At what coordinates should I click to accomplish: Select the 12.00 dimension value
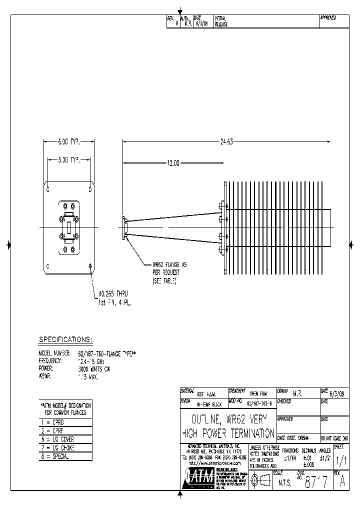point(172,163)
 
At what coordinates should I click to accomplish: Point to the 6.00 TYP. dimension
point(69,142)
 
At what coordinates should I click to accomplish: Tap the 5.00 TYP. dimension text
point(69,160)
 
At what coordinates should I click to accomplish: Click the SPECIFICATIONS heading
point(65,340)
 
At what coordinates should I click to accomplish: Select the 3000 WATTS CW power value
point(94,368)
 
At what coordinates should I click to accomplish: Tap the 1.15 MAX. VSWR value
point(88,376)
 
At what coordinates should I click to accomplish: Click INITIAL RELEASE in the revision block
point(221,20)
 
